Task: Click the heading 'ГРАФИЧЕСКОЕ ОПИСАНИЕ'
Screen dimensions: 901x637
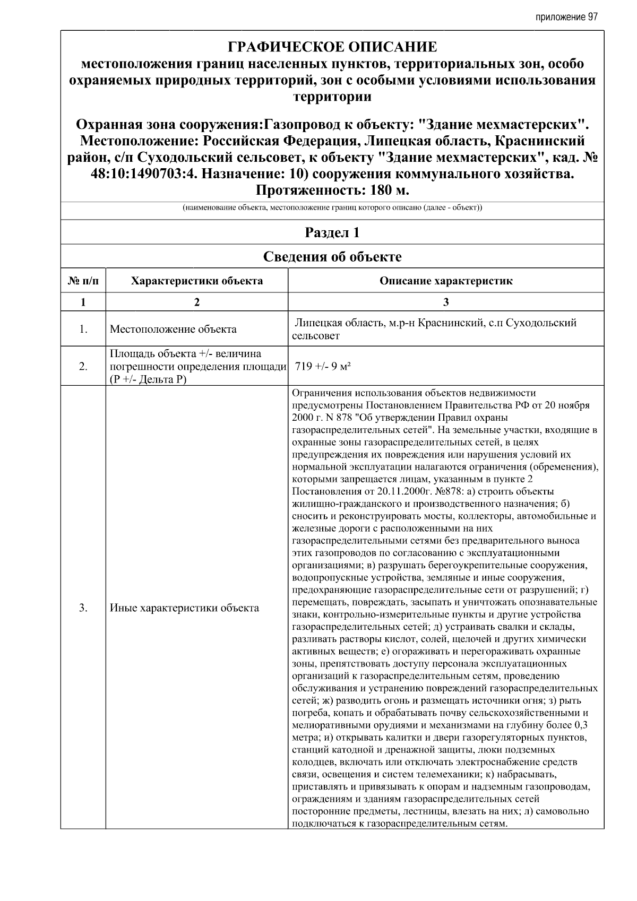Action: click(x=332, y=47)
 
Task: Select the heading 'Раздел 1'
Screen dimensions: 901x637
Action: click(x=332, y=232)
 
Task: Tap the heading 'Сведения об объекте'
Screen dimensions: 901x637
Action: click(x=332, y=257)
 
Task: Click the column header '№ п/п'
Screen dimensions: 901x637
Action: click(x=83, y=281)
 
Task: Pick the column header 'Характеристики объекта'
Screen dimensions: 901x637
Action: click(x=197, y=281)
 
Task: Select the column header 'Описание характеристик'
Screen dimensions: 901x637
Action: click(x=446, y=281)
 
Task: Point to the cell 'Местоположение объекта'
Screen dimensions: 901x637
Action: click(x=173, y=329)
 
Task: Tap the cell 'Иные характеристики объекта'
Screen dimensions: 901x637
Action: click(x=184, y=608)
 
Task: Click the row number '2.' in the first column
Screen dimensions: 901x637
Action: click(x=83, y=366)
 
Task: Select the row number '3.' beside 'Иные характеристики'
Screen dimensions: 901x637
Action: click(x=83, y=608)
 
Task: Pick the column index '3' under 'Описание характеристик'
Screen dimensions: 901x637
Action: click(x=446, y=302)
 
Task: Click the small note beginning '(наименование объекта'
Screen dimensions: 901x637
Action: click(x=332, y=207)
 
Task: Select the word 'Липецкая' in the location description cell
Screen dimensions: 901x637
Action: click(x=317, y=323)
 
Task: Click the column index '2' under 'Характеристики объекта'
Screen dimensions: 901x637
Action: click(x=197, y=302)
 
